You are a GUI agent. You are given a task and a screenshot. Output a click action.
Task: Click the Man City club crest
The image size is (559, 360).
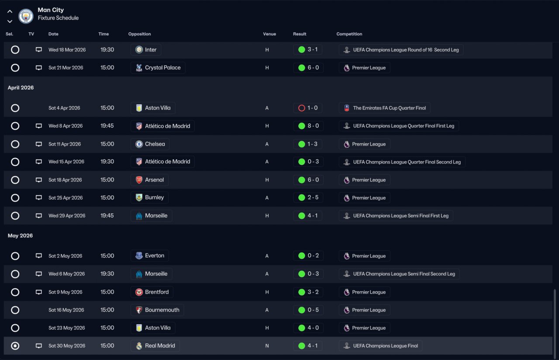pos(26,16)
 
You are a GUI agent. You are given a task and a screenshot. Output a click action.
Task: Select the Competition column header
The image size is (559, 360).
pos(349,34)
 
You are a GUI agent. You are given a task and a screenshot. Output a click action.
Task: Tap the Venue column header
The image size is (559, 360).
pos(269,34)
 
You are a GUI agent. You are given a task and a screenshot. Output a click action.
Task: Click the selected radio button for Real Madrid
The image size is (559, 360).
pos(15,346)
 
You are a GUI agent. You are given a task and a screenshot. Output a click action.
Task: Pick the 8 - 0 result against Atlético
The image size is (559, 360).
pos(313,126)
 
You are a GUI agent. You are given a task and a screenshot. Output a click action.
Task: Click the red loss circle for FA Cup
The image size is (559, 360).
pos(301,108)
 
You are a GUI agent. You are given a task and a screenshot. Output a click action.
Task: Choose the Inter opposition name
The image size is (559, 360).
pos(151,50)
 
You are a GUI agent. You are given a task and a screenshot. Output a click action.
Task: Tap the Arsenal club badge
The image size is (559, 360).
pos(139,180)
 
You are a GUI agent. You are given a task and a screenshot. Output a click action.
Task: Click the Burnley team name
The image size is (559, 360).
pos(155,197)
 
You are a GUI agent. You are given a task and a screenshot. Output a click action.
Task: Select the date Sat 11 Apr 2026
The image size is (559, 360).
pos(65,144)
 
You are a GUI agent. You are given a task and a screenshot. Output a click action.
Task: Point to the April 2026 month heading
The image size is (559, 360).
pos(21,88)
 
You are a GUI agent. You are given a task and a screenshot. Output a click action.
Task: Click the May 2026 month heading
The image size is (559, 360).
pos(20,236)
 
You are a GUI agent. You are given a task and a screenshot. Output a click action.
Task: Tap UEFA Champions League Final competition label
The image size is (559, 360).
pos(385,346)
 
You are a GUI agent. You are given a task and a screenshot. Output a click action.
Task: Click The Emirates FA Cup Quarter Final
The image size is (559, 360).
pos(389,108)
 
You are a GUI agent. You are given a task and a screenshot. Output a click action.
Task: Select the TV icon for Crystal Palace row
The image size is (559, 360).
pos(39,68)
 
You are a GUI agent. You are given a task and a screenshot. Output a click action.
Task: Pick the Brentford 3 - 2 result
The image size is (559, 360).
pos(313,292)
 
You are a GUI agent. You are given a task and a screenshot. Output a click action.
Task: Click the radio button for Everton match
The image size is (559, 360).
pos(15,256)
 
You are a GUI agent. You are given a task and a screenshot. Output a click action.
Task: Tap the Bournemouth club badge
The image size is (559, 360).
pos(139,310)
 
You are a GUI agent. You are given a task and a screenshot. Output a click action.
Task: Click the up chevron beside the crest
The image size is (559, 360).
pos(10,11)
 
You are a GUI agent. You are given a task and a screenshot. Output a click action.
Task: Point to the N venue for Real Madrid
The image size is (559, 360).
pos(267,346)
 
